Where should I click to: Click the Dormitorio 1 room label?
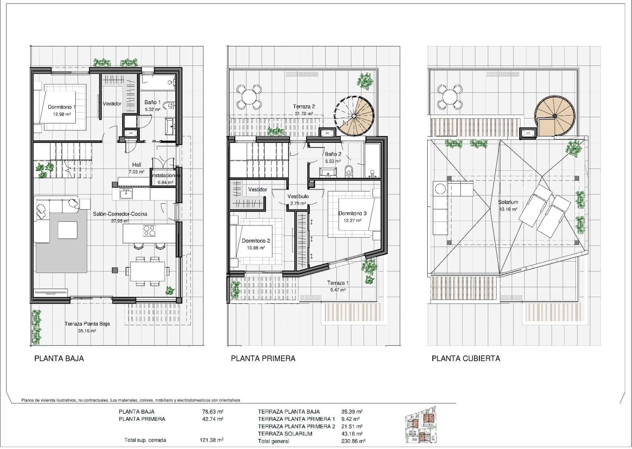(x=61, y=107)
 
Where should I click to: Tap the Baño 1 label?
(x=152, y=102)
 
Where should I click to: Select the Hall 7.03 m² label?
(x=136, y=168)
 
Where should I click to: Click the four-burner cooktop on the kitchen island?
(x=149, y=231)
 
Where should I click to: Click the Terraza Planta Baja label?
(x=87, y=324)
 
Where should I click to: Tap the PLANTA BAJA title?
(x=59, y=358)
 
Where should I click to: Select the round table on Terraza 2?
(x=249, y=97)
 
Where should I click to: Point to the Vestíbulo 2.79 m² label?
(x=298, y=200)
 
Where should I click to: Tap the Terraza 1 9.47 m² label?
(x=337, y=286)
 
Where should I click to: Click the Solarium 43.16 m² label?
(x=508, y=205)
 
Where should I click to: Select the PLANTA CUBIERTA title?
(x=466, y=358)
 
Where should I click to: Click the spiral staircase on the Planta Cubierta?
(x=554, y=116)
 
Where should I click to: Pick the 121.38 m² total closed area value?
(x=211, y=440)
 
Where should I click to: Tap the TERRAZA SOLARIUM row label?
(x=285, y=434)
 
